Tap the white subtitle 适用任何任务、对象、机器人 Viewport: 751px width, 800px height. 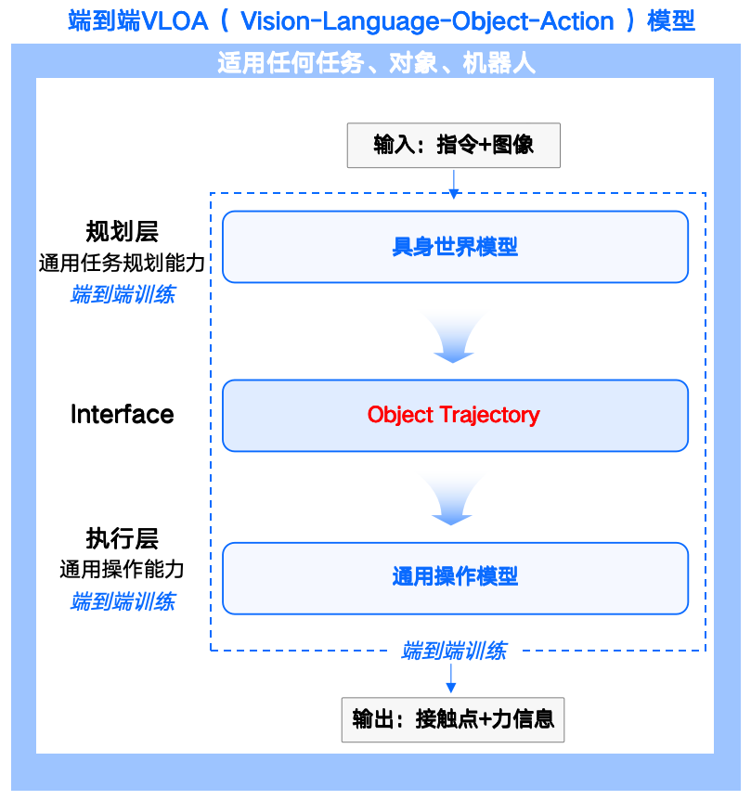pos(376,63)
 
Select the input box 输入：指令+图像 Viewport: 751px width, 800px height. pos(453,146)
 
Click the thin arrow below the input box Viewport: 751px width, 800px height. pos(453,183)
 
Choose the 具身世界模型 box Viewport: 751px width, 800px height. pos(455,247)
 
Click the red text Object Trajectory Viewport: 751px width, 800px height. pos(453,415)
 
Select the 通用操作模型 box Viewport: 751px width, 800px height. pos(455,577)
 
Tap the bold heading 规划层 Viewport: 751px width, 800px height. pos(122,231)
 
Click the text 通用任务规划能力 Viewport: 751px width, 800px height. pos(122,264)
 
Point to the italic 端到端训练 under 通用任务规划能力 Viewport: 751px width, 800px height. pos(122,295)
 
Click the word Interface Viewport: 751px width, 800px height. pos(122,414)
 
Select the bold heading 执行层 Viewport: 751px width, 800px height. pos(122,538)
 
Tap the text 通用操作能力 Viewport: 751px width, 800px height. pos(122,570)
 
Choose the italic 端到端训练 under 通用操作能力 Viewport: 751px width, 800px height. pos(122,601)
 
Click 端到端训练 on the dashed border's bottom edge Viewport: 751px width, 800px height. pos(453,652)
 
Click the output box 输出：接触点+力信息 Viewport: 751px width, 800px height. pos(453,720)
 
